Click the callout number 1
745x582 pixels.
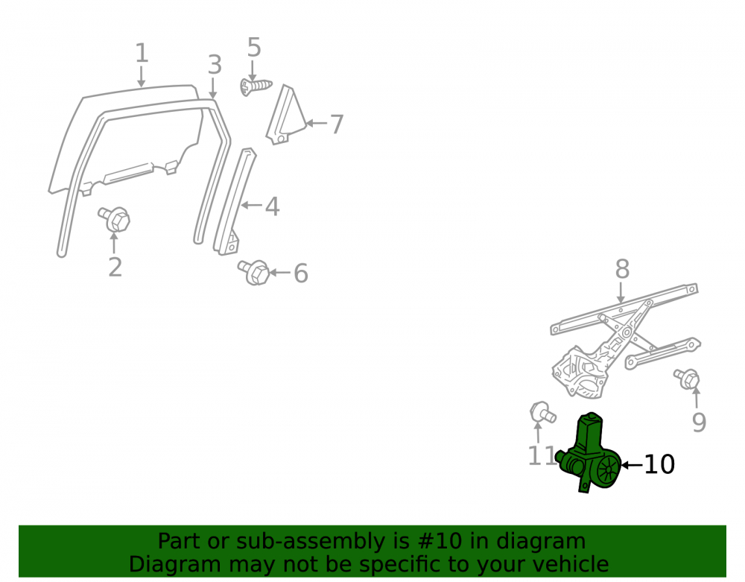tap(142, 53)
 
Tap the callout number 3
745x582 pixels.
tap(215, 65)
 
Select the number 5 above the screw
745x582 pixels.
tap(254, 48)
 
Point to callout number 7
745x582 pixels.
tap(337, 124)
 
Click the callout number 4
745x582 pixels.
tap(272, 206)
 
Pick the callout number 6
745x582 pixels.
tap(301, 273)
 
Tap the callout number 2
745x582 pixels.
tap(115, 267)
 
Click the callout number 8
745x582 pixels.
tap(622, 269)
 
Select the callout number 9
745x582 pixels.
tap(699, 423)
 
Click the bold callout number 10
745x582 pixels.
tap(659, 465)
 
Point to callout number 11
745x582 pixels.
tap(542, 456)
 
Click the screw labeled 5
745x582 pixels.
tap(256, 86)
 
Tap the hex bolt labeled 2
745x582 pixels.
tap(115, 219)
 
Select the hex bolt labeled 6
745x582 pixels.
tap(254, 272)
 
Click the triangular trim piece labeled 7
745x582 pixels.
tap(286, 116)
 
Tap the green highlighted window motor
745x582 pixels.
tap(589, 453)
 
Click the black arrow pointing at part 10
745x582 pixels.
tap(633, 465)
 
